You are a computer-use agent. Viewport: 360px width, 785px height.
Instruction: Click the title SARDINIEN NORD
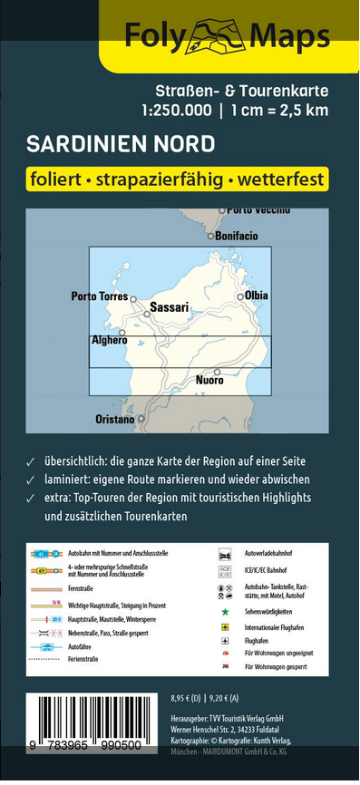pos(121,144)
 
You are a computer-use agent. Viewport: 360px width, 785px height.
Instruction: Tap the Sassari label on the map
pos(169,307)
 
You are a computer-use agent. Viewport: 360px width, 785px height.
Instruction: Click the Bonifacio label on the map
pos(238,236)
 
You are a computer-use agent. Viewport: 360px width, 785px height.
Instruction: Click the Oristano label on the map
pos(115,420)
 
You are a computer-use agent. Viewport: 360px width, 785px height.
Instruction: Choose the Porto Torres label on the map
pos(99,296)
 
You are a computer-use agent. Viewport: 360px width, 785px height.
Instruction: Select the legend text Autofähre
pos(80,646)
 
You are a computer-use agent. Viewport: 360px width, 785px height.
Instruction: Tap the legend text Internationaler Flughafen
pos(277,626)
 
